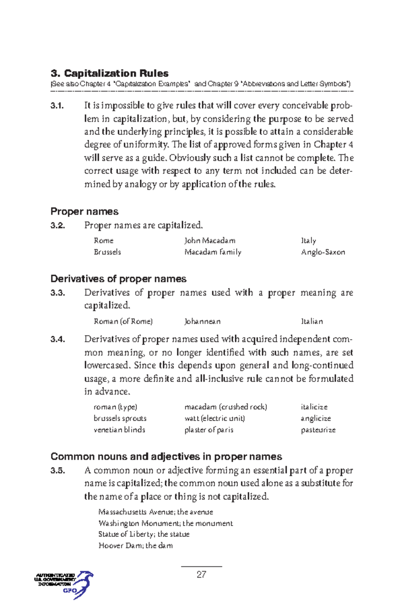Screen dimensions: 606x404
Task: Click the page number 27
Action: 201,574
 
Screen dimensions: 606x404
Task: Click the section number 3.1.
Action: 57,106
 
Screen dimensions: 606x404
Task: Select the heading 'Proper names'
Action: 84,211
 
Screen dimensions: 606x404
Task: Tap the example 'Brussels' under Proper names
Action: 107,252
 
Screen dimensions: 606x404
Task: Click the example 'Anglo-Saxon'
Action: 323,252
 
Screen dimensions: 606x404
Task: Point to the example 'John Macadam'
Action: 210,241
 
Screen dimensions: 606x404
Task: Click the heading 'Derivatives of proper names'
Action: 118,279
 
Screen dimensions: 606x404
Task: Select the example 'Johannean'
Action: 202,322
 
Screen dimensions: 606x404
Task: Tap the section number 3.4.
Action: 58,339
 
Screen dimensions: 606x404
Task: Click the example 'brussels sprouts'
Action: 120,418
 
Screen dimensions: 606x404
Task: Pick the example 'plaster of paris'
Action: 209,430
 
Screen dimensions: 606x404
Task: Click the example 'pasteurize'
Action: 318,430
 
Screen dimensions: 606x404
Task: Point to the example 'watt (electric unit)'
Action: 214,418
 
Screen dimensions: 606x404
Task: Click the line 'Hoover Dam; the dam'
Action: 135,546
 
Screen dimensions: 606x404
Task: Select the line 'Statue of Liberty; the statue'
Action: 144,534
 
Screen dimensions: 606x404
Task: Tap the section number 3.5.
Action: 58,471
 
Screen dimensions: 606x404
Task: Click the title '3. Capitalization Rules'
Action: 109,73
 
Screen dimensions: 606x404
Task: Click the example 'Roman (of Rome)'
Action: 123,322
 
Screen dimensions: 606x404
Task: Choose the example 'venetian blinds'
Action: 119,430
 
